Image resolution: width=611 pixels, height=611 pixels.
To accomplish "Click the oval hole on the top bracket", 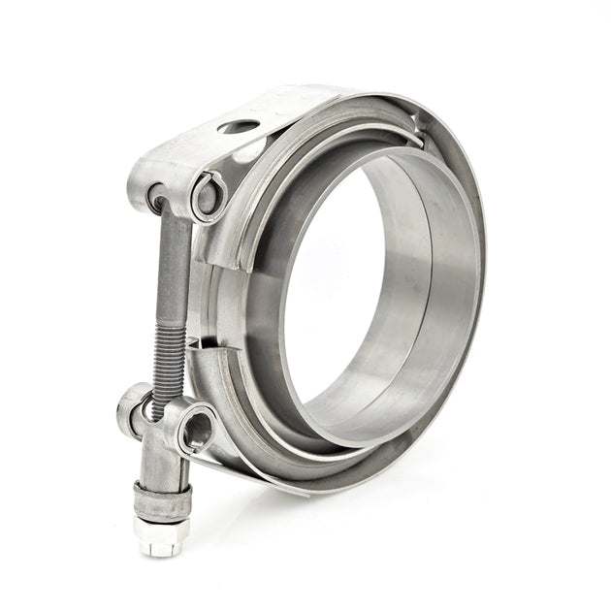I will [x=238, y=126].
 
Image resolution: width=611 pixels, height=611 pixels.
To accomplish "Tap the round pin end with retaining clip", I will [x=208, y=197].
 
